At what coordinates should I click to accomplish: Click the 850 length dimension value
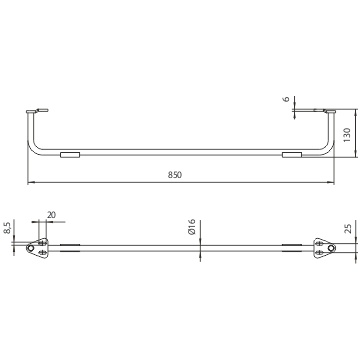[175, 175]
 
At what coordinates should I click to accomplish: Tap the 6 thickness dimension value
[287, 100]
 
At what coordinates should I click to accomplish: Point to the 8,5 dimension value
[7, 228]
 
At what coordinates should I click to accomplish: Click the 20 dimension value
[51, 215]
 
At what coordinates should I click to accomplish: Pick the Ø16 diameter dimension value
[191, 227]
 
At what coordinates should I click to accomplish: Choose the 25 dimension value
[347, 228]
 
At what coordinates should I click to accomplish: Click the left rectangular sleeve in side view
[70, 155]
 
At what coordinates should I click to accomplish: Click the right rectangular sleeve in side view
[292, 155]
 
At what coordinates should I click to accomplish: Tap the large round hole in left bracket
[30, 248]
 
